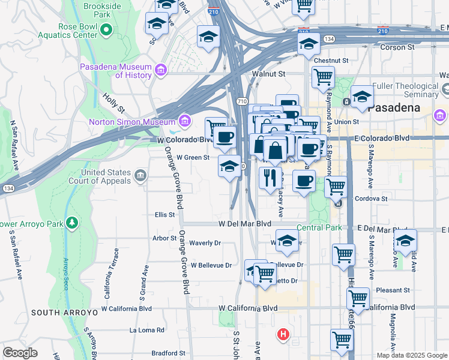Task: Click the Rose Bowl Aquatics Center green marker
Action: pyautogui.click(x=106, y=28)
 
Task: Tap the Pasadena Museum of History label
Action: pyautogui.click(x=117, y=71)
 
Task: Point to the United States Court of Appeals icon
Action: pyautogui.click(x=140, y=175)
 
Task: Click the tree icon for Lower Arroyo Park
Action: pyautogui.click(x=72, y=223)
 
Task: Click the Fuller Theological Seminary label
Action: pyautogui.click(x=406, y=90)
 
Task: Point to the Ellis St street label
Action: pyautogui.click(x=164, y=214)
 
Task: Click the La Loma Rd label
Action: pyautogui.click(x=147, y=330)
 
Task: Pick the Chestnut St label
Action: pyautogui.click(x=331, y=61)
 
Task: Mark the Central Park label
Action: pyautogui.click(x=319, y=227)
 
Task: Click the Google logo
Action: pyautogui.click(x=20, y=353)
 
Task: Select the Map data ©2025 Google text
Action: pyautogui.click(x=412, y=355)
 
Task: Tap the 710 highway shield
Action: pyautogui.click(x=241, y=100)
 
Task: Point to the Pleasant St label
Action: pyautogui.click(x=393, y=290)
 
